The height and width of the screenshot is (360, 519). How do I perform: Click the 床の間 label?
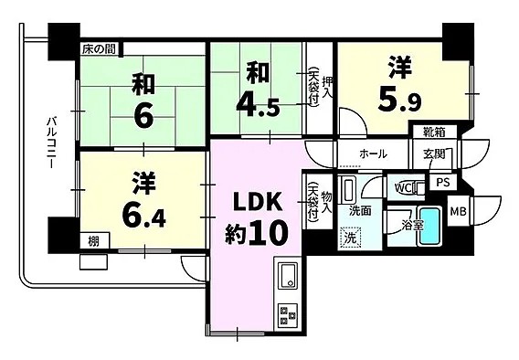pos(99,49)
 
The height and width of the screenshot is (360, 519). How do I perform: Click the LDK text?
pos(259,202)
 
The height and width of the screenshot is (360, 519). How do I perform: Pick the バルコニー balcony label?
pos(51,143)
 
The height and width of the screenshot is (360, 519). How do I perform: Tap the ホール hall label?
pos(373,154)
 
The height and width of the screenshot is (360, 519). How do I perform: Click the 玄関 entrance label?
pos(433,154)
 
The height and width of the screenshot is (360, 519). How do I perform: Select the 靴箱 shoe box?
pos(435,132)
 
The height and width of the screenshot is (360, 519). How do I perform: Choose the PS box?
pos(443,183)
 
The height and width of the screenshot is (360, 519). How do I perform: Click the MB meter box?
pos(458,211)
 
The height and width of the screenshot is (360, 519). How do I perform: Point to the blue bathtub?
pos(429,226)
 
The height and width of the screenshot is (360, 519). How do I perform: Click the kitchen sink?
pos(288,274)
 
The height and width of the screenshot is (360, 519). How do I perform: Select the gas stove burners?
pos(288,315)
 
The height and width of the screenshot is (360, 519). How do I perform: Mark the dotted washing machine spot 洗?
pos(350,238)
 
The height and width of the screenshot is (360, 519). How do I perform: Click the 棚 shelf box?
pos(95,241)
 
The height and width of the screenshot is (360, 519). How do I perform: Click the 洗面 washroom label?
pos(360,211)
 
